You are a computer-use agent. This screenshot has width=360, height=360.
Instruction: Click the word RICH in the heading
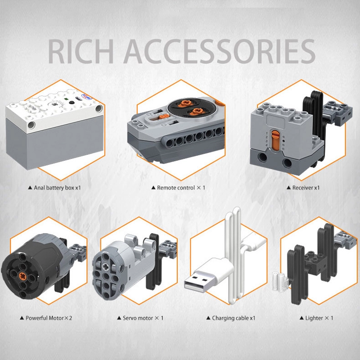(81, 51)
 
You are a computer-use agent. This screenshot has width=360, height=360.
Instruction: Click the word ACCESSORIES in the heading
(219, 51)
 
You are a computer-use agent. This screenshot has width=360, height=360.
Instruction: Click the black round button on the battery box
(72, 103)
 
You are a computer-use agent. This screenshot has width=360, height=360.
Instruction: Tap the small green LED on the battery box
(66, 99)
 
